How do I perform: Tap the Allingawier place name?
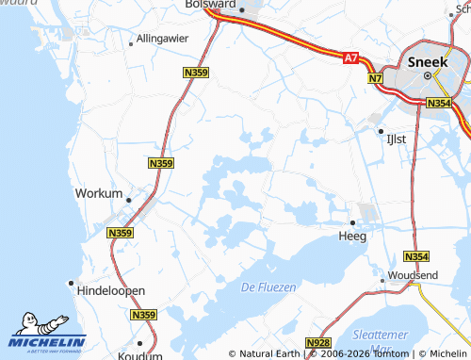click(163, 39)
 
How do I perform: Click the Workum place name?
click(98, 193)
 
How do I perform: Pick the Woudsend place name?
click(412, 274)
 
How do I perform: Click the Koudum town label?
click(140, 356)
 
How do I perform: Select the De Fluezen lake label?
click(268, 286)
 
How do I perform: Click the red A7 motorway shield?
click(351, 58)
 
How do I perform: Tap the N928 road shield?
click(318, 345)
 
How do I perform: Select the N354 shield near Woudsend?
click(415, 256)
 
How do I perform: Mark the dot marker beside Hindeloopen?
click(70, 282)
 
